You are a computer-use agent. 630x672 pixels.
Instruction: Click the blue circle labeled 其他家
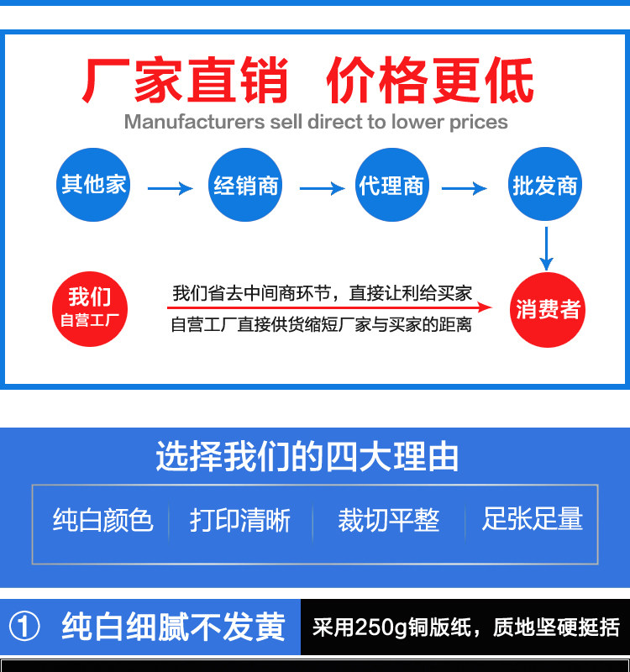coord(93,184)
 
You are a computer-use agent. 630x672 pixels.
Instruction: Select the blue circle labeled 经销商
coord(245,185)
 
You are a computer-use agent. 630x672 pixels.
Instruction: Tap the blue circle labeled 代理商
coord(391,185)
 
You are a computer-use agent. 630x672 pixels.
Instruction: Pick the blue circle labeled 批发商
coord(545,185)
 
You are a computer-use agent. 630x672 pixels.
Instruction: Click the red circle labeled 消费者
coord(548,310)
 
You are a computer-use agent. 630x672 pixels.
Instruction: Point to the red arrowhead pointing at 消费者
coord(501,308)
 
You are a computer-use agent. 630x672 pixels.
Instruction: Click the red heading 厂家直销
coord(186,81)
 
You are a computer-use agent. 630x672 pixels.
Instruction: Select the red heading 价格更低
coord(429,81)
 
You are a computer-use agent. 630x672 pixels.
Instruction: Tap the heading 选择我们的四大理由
coord(307,457)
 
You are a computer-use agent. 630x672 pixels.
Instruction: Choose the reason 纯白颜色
coord(102,520)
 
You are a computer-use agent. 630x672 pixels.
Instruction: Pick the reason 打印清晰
coord(240,520)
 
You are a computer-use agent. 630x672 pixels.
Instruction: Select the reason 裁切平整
coord(388,520)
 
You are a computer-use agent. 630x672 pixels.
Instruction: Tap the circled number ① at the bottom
coord(24,627)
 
